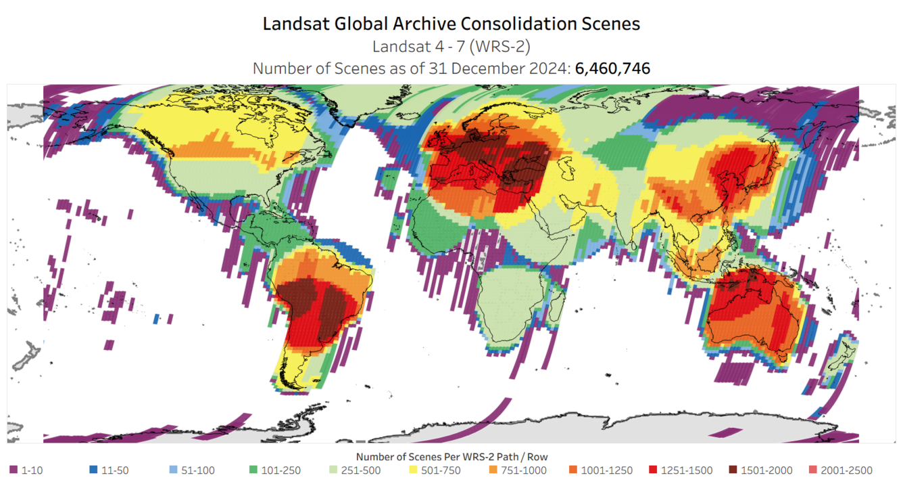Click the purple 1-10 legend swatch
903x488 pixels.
coord(14,470)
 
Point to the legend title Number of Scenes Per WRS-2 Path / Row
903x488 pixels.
coord(451,457)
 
